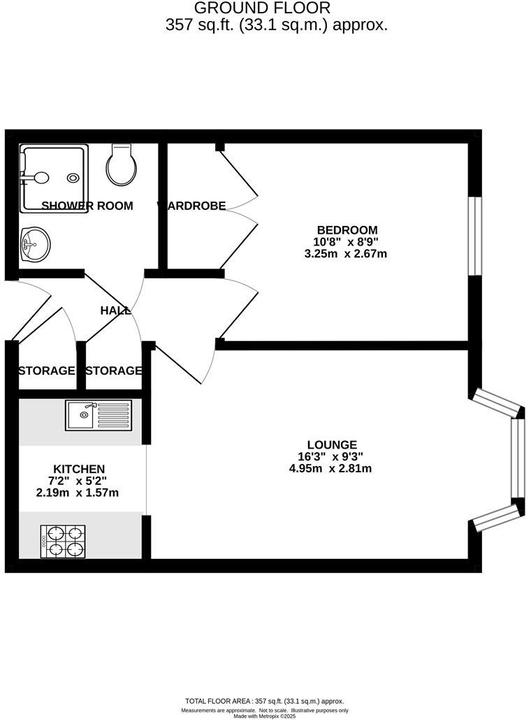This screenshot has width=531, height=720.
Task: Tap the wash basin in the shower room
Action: click(36, 245)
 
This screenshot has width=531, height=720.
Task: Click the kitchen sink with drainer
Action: click(98, 415)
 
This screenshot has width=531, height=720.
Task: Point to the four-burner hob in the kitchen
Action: click(64, 541)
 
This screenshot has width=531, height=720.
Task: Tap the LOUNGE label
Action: click(332, 445)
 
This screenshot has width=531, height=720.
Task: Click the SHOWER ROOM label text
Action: click(87, 206)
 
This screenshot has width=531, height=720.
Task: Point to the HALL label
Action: click(115, 311)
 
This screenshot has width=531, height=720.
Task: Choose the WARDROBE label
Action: click(192, 206)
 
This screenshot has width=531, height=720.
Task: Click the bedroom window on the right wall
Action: click(475, 236)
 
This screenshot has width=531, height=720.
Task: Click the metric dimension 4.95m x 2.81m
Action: click(330, 469)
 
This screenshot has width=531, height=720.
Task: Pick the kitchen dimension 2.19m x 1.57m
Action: click(78, 493)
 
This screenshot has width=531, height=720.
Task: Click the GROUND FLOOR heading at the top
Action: click(262, 8)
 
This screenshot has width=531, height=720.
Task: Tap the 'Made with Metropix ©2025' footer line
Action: click(265, 716)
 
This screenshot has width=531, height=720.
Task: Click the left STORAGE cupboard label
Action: click(46, 370)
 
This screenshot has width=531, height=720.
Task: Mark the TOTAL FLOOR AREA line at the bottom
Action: click(265, 701)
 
